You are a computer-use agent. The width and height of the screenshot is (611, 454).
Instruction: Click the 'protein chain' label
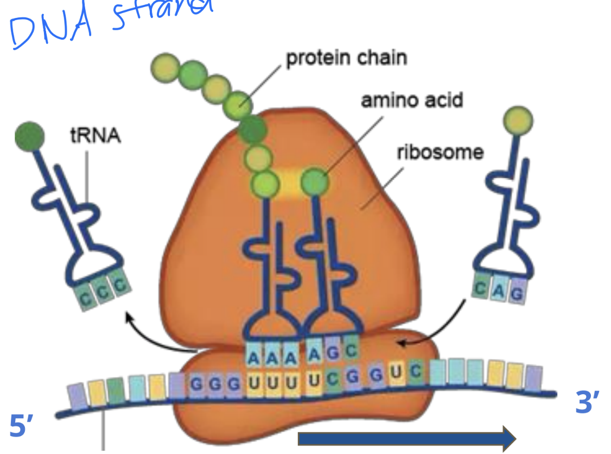pos(346,57)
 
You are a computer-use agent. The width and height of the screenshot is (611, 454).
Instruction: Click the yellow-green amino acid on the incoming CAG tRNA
pos(518,119)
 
